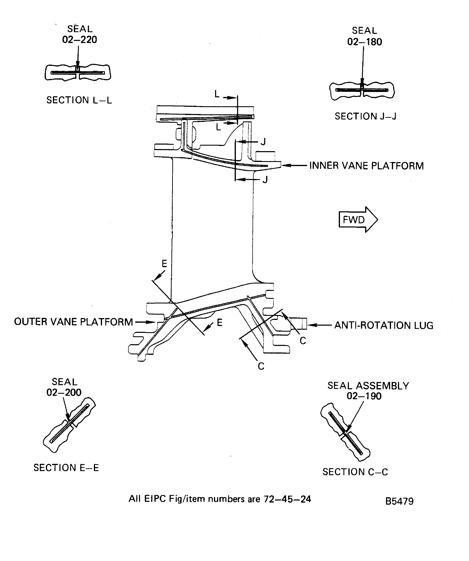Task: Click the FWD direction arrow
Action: coord(358,220)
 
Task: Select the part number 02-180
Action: coord(364,42)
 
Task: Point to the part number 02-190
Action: coord(364,396)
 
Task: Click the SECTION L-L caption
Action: coord(79,100)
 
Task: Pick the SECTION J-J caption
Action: coord(365,116)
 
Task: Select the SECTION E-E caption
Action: coord(66,468)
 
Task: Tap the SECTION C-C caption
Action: coord(355,472)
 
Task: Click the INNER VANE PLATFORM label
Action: coord(366,166)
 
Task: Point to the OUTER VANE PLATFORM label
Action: coord(73,322)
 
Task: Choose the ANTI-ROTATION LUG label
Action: coord(384,325)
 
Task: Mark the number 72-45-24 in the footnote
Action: coord(287,499)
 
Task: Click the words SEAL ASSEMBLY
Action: coord(368,386)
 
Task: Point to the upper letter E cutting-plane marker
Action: coord(164,264)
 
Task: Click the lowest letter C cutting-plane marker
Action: coord(261,366)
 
